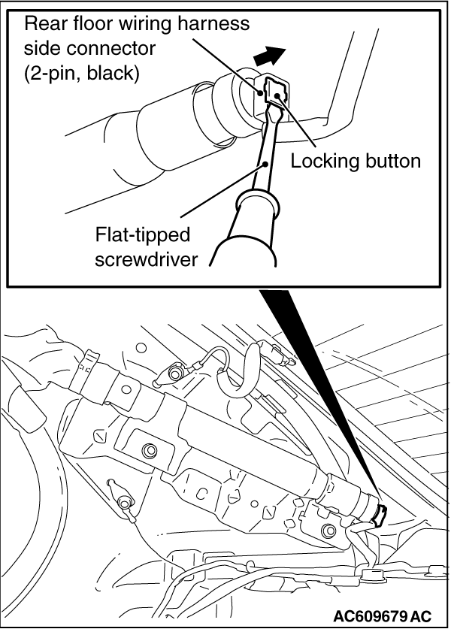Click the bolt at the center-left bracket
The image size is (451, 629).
coord(149,450)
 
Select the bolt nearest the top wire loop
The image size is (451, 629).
coord(176,373)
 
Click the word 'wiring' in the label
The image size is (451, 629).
coord(141,24)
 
